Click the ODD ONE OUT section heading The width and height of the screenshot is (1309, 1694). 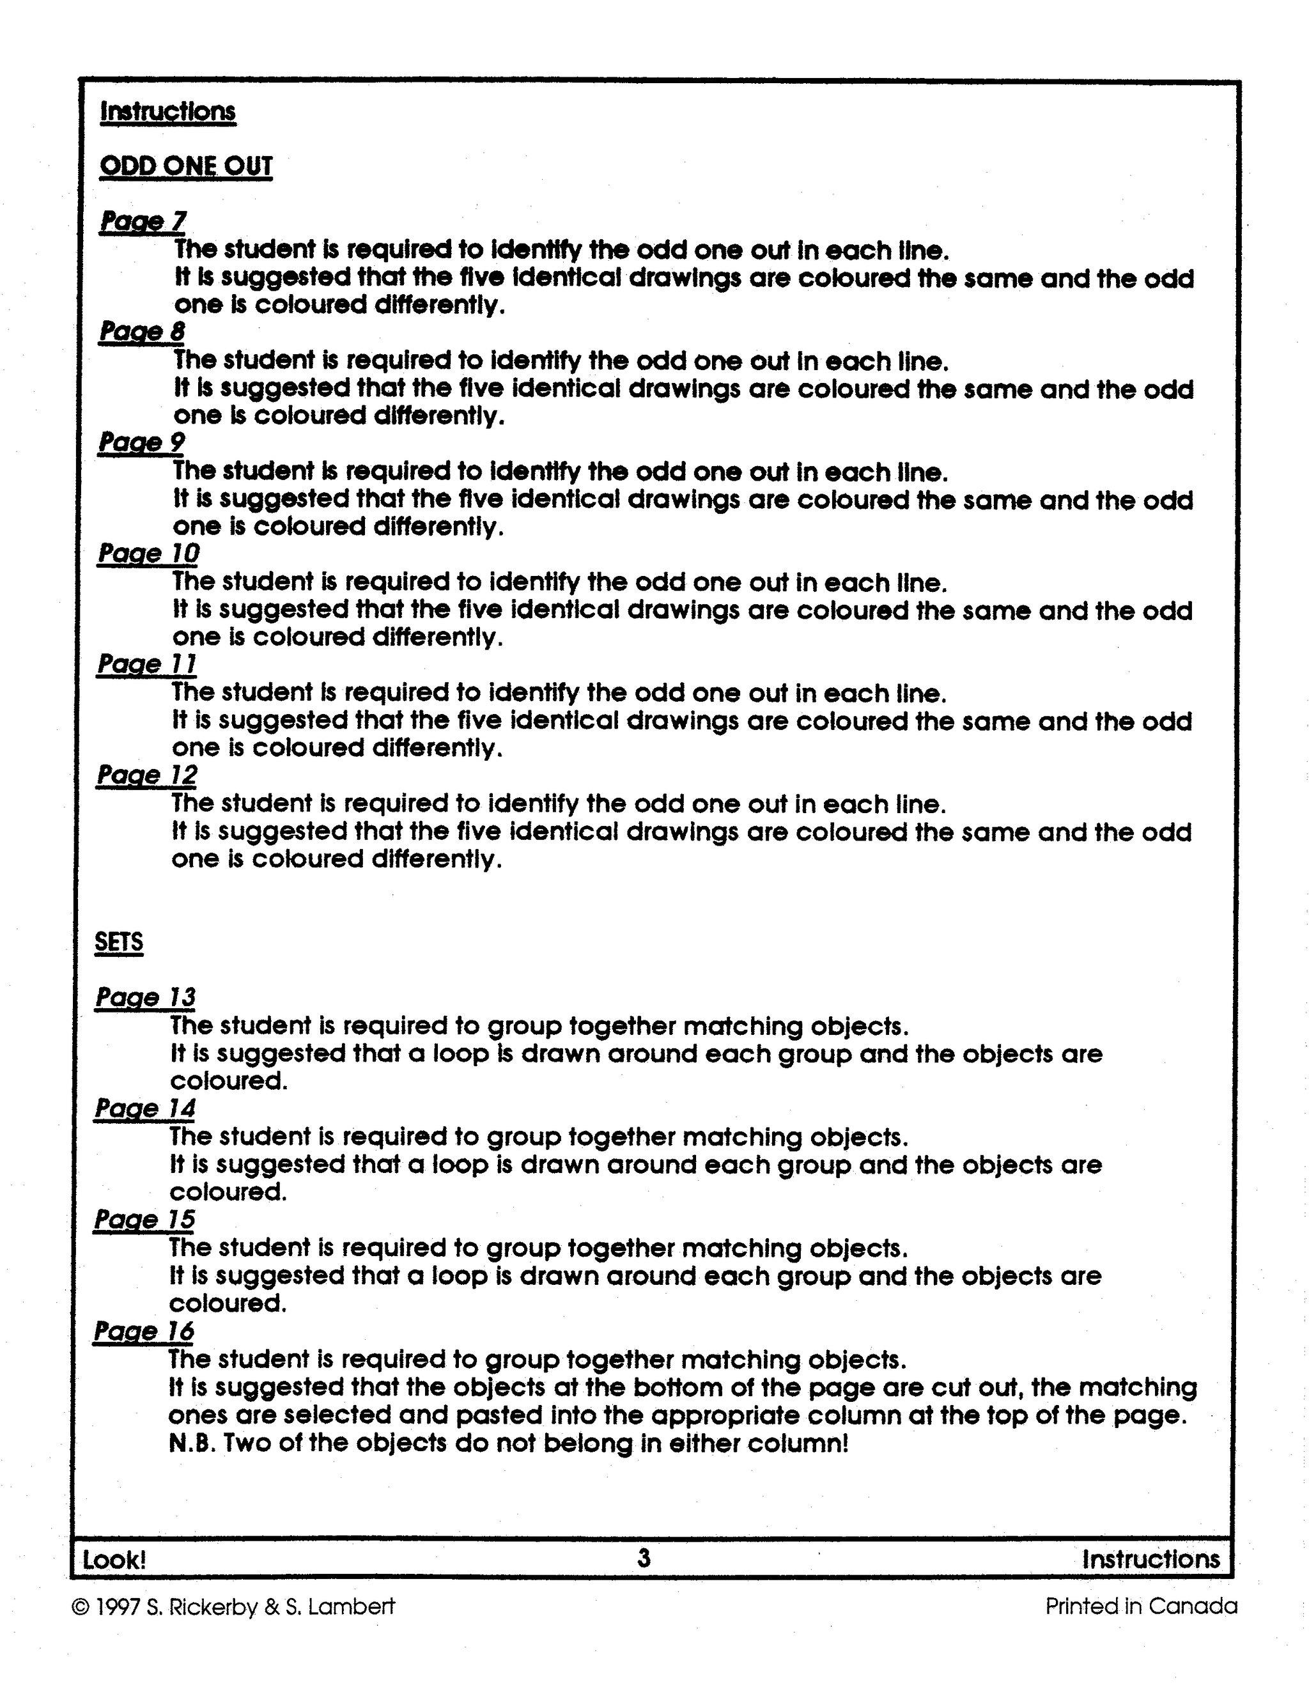tap(186, 167)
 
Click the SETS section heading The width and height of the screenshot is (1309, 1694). tap(119, 942)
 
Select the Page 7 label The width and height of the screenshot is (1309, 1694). tap(143, 222)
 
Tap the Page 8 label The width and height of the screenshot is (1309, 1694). tap(142, 332)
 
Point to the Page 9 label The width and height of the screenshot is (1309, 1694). tap(141, 443)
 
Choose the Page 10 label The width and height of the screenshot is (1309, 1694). tap(148, 554)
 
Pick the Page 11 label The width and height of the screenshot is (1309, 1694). tap(146, 665)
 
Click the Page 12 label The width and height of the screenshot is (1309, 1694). tap(146, 775)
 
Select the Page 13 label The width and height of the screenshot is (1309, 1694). tap(145, 997)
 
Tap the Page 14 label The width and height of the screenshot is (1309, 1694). tap(145, 1108)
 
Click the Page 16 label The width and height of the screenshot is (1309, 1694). tap(143, 1331)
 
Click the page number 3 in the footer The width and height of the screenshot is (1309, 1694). tap(644, 1557)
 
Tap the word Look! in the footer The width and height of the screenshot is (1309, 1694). tap(114, 1559)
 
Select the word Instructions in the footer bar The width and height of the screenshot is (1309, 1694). tap(1150, 1559)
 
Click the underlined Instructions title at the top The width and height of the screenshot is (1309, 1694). tap(167, 112)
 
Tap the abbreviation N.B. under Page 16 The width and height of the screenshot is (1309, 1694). tap(192, 1443)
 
